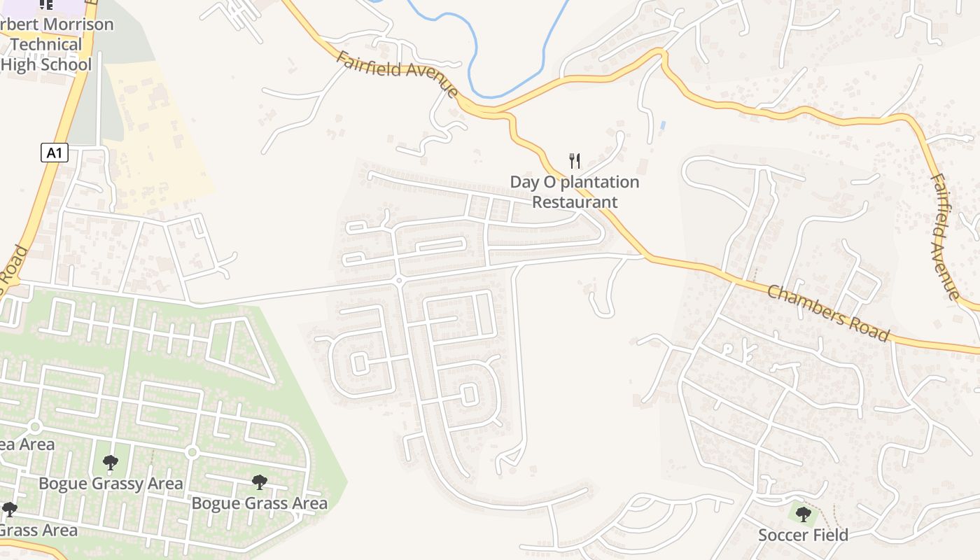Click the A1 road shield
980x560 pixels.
[x=55, y=153]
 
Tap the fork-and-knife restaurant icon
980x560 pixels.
[x=575, y=161]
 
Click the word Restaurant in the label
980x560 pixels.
[x=575, y=202]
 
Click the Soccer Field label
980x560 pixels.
[x=803, y=535]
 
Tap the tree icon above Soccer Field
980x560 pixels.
[x=804, y=514]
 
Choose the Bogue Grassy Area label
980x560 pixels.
[x=111, y=484]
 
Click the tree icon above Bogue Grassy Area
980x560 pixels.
[x=110, y=462]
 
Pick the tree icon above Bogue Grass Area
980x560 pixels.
[x=260, y=482]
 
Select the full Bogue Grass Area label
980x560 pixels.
[x=259, y=503]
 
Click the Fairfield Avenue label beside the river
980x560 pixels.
[x=397, y=73]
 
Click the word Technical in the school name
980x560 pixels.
[x=46, y=44]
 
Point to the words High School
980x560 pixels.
[x=46, y=64]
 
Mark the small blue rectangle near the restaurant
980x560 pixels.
[x=662, y=125]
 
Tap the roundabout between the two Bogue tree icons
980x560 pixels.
[x=192, y=453]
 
